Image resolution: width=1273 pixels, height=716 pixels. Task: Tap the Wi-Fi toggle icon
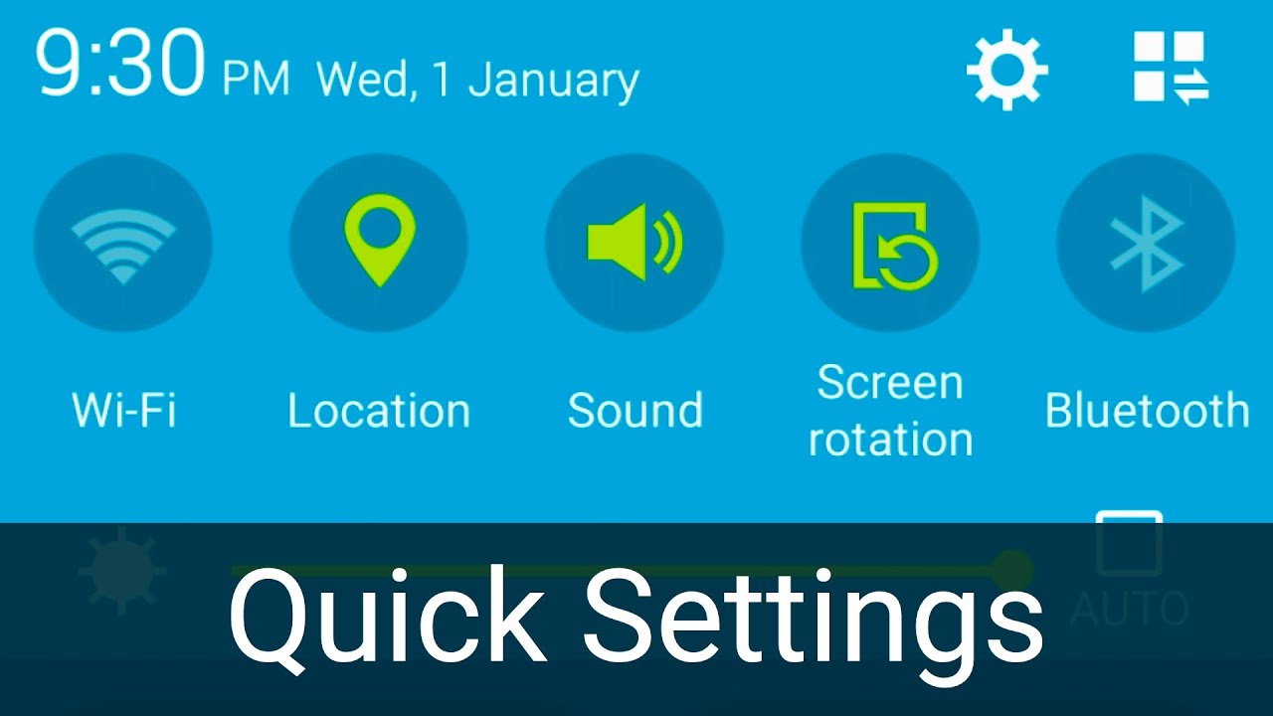pos(123,243)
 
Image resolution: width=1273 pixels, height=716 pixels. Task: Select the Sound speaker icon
pos(635,243)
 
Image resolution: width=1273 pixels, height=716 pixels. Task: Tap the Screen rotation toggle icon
pos(890,245)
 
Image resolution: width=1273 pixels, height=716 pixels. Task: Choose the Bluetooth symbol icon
pos(1146,243)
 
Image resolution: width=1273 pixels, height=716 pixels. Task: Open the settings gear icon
pos(1007,70)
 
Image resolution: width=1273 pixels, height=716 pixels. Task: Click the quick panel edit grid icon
pos(1171,68)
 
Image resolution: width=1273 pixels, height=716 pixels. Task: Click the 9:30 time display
pos(119,66)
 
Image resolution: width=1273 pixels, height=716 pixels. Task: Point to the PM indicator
pos(256,79)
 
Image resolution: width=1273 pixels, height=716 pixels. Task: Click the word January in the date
pos(553,81)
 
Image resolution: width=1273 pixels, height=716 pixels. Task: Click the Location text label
pos(379,411)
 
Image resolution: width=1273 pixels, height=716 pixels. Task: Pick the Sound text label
pos(635,411)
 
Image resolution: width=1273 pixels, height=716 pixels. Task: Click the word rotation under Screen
pos(890,440)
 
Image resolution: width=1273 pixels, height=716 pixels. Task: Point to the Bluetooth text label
pos(1147,411)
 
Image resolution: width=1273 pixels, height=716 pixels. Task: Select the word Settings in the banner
pos(813,618)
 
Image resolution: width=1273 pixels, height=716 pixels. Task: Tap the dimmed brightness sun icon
pos(122,571)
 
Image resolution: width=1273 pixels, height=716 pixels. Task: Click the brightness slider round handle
pos(1012,570)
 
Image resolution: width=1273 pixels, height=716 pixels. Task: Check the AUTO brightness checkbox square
pos(1129,543)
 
